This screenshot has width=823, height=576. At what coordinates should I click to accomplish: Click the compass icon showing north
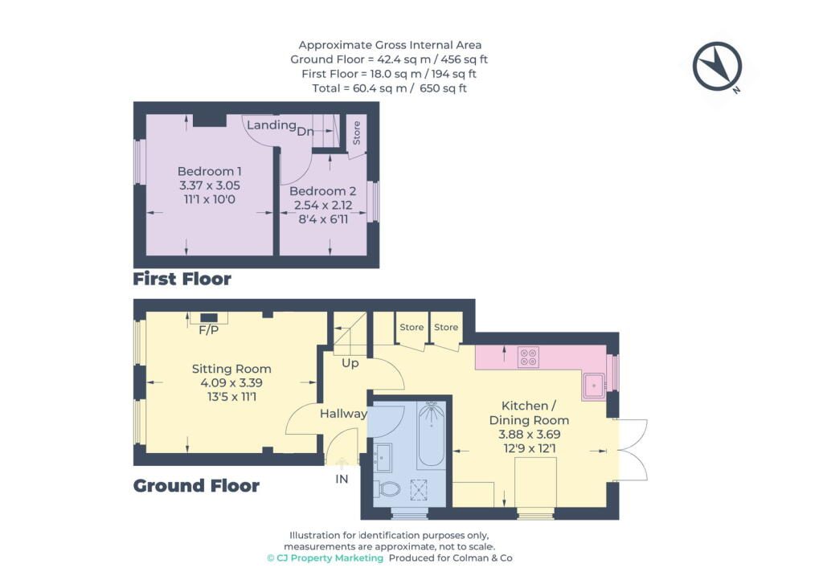[x=717, y=67]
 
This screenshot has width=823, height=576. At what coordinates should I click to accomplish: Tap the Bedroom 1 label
[x=210, y=171]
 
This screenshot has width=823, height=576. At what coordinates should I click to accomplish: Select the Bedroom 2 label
[x=323, y=191]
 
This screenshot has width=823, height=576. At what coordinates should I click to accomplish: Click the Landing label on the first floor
[x=272, y=125]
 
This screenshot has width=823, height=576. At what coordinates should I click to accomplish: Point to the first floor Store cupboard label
[x=356, y=133]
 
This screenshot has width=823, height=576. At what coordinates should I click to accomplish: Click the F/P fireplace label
[x=208, y=330]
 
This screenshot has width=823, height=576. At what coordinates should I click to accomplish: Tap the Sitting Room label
[x=231, y=369]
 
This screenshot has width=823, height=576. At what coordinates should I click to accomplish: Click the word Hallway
[x=343, y=414]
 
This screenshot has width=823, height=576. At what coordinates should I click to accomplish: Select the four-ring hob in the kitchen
[x=529, y=357]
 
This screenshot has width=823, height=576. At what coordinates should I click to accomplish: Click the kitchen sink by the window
[x=594, y=386]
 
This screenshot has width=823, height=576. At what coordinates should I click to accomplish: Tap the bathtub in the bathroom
[x=432, y=435]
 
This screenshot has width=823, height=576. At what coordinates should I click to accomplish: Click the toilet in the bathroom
[x=387, y=489]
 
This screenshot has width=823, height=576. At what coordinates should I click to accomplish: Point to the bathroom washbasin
[x=383, y=458]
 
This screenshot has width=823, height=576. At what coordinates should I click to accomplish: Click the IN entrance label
[x=342, y=479]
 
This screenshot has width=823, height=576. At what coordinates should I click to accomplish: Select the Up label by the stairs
[x=350, y=363]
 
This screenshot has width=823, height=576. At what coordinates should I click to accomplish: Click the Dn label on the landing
[x=305, y=131]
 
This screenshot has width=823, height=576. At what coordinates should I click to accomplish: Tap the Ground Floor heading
[x=196, y=486]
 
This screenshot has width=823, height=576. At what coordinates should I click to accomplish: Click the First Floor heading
[x=182, y=279]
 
